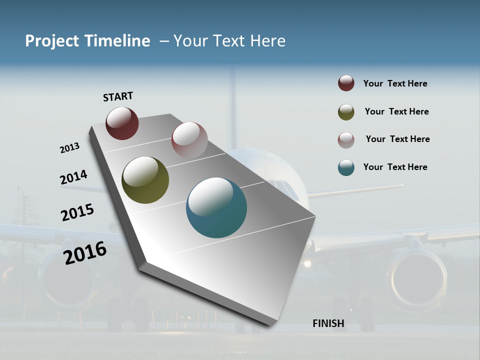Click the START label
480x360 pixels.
[118, 96]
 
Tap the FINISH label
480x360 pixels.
[328, 323]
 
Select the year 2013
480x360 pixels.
[69, 148]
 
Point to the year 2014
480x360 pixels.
[73, 177]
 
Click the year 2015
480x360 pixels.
[77, 212]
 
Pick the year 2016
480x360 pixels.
[85, 252]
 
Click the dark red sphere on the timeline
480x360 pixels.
[122, 123]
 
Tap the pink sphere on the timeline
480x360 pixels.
[189, 140]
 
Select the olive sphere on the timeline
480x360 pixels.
[145, 180]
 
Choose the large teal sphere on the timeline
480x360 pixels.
[216, 207]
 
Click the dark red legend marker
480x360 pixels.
[346, 83]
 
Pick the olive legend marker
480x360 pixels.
[346, 112]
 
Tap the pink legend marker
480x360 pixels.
[346, 140]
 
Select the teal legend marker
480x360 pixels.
[346, 167]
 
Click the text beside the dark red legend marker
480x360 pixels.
[395, 84]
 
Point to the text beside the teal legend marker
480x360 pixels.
[395, 167]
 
